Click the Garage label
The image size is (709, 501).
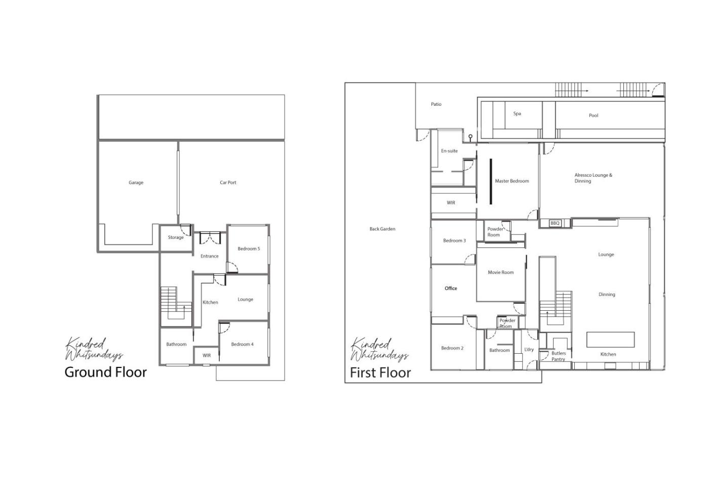[136, 183]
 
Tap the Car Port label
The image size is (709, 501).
[228, 183]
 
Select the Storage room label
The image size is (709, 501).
[176, 237]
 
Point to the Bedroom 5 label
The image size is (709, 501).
[249, 248]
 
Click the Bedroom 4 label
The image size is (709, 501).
[242, 344]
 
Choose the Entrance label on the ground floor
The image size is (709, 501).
[210, 256]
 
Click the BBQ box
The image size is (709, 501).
[555, 223]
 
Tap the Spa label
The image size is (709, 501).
[517, 113]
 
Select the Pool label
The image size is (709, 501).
[594, 115]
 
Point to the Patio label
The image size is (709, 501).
[436, 104]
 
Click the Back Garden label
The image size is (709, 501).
[382, 229]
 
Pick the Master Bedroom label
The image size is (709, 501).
[512, 181]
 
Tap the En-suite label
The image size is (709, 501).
[450, 151]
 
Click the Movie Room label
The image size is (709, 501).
[501, 272]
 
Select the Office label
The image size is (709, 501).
[451, 288]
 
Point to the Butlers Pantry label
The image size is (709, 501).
[558, 356]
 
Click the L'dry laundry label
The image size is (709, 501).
[529, 350]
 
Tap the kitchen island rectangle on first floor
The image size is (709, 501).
[611, 340]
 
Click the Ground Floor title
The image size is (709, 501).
[106, 372]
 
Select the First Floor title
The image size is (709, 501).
[380, 372]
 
